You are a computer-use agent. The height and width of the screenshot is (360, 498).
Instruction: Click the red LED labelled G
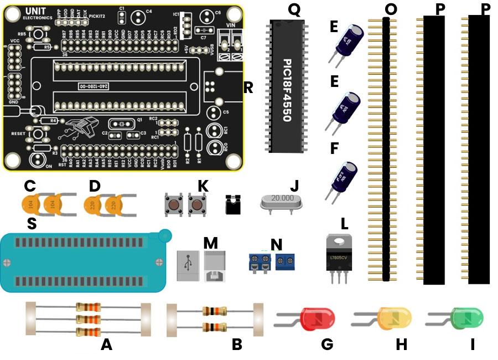[317, 318]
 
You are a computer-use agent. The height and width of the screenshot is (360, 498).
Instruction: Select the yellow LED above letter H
[395, 318]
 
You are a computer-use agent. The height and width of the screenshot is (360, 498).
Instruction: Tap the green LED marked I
[467, 318]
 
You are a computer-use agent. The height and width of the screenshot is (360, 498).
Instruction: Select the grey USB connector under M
[199, 266]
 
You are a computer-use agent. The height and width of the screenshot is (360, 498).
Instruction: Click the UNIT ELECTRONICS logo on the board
[38, 14]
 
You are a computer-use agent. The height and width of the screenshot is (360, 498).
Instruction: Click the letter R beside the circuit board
[248, 88]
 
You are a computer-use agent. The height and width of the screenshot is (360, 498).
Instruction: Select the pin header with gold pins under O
[386, 149]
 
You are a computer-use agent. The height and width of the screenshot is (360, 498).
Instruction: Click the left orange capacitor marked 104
[31, 204]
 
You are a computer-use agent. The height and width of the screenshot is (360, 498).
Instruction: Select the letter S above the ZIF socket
[32, 223]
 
